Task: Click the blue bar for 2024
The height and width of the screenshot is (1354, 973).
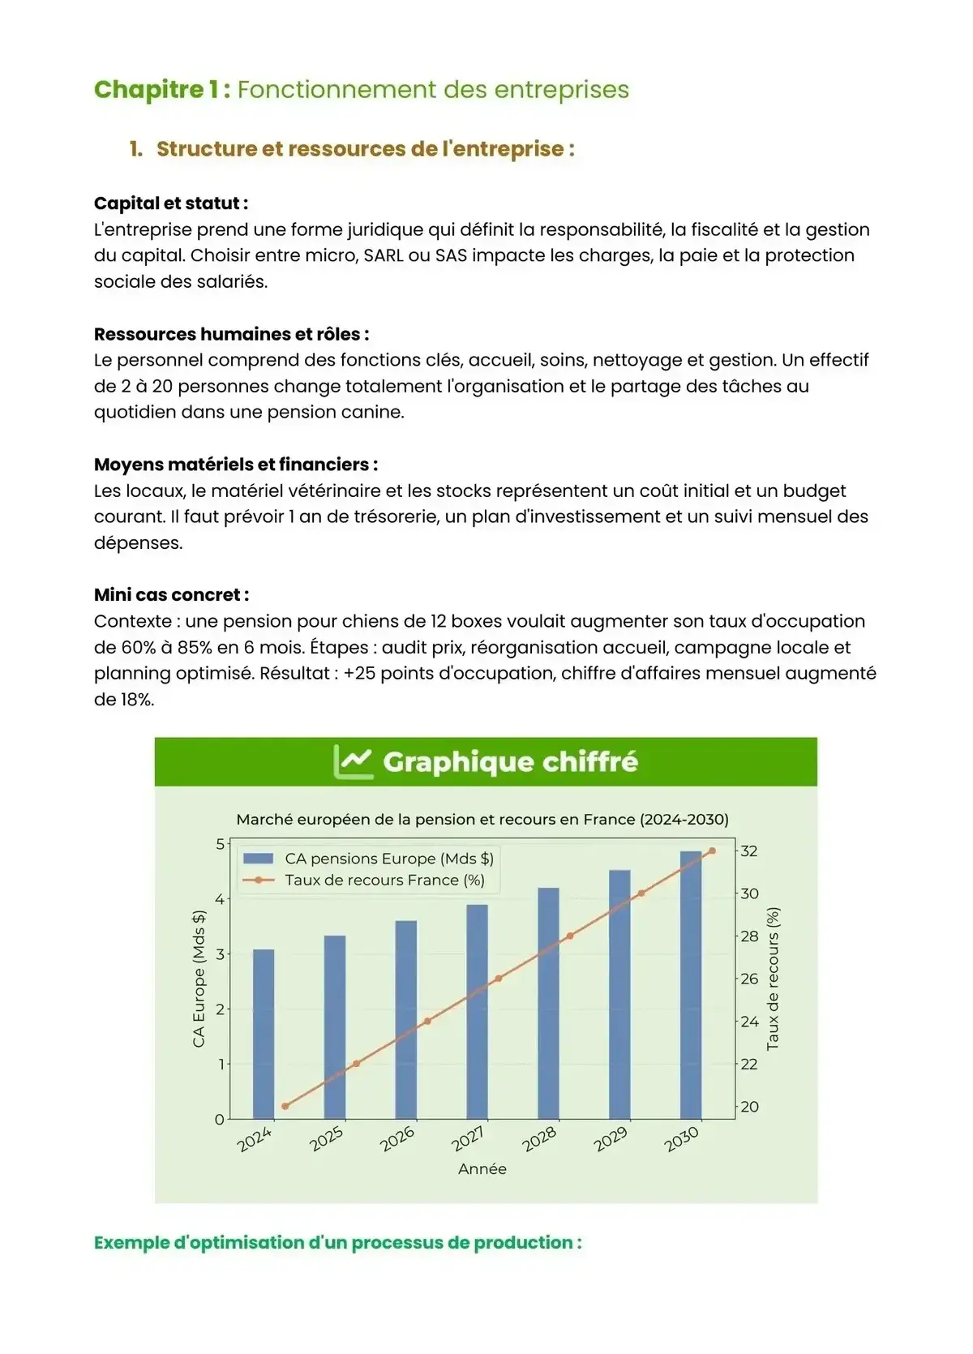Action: pos(264,1034)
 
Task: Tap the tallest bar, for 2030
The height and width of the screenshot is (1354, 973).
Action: pos(691,985)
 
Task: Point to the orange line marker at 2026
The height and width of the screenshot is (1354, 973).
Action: pos(427,1021)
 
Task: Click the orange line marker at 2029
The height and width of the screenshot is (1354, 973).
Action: pos(641,893)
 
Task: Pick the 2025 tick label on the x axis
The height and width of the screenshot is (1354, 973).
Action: pos(327,1138)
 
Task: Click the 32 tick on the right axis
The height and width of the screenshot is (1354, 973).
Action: pos(749,851)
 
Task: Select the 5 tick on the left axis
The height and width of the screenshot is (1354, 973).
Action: pos(220,844)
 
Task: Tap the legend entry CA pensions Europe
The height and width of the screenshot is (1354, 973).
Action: pos(388,859)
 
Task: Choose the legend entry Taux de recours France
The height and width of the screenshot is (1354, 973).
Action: pos(384,880)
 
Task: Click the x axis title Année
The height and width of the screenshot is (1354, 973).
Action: pos(482,1168)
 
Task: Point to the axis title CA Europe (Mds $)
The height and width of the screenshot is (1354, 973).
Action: pos(199,979)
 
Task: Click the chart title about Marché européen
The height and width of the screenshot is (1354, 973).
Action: pos(482,819)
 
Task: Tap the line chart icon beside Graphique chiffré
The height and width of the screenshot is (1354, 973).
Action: pos(354,761)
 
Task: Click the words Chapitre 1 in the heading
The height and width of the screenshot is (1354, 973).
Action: pos(161,89)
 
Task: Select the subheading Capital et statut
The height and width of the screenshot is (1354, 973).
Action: pos(170,203)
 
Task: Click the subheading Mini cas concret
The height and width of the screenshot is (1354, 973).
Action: pos(171,594)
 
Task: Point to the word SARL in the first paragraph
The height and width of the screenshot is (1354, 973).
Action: pos(384,255)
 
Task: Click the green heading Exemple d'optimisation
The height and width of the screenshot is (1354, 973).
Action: pos(337,1242)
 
